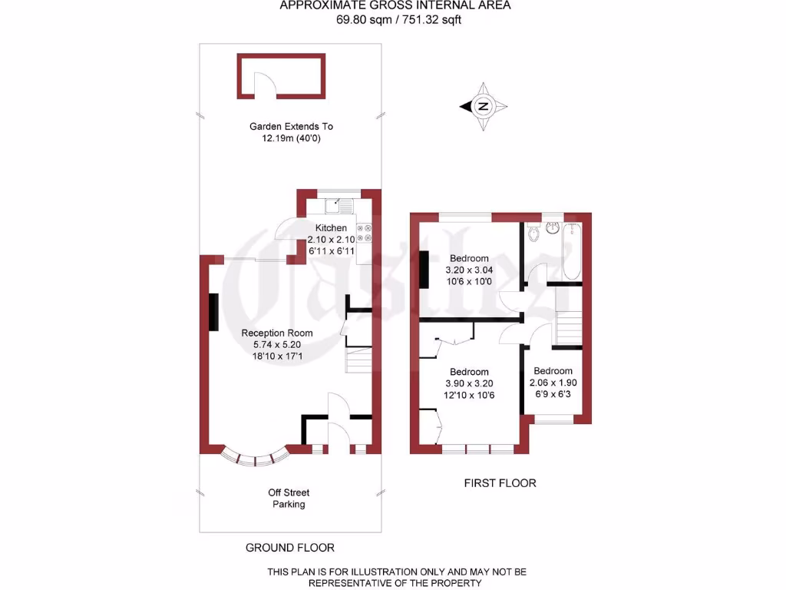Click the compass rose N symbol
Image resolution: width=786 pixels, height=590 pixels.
point(484,107)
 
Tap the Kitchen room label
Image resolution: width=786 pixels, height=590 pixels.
point(332,228)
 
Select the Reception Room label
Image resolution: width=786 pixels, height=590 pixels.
point(277,333)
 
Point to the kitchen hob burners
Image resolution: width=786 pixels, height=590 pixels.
point(365,233)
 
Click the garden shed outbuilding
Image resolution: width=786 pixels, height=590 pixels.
point(281,75)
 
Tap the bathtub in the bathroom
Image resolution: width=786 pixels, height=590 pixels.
point(572,250)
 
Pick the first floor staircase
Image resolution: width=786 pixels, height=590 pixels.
point(568,327)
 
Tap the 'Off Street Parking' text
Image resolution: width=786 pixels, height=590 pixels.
point(289,499)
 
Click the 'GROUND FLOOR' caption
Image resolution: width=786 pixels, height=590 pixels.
point(289,548)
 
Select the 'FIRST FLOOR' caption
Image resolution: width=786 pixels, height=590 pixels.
point(500,483)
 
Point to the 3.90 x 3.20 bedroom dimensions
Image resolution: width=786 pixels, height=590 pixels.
point(469,383)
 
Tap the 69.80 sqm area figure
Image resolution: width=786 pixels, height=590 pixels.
point(362,20)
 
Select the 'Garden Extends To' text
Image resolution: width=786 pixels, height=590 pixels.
point(291,126)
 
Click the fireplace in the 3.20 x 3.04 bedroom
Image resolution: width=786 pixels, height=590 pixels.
point(424,270)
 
